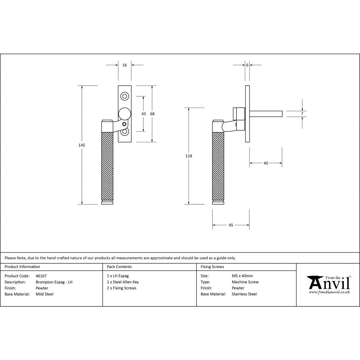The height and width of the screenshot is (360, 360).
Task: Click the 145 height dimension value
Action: pos(82,145)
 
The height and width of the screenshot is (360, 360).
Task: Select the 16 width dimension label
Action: pos(125,65)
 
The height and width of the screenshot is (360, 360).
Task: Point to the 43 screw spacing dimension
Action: pos(144,114)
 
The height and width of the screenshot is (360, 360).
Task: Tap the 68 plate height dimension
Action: pos(152,114)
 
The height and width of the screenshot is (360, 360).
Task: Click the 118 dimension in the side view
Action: pos(189,156)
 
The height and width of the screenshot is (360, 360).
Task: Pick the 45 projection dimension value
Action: pos(231,225)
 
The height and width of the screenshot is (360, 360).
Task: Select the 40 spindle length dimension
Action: pos(266,163)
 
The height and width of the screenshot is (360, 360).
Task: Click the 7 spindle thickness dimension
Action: pos(302,114)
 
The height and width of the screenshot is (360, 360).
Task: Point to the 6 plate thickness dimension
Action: pos(247,65)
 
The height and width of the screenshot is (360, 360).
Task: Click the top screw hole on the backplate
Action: pos(125,96)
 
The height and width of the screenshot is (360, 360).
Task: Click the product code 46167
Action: pos(41,276)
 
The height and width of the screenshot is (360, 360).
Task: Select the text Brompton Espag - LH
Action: pos(54,282)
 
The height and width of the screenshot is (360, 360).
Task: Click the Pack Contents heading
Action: pos(119,267)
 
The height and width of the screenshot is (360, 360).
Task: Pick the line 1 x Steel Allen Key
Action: pos(123,282)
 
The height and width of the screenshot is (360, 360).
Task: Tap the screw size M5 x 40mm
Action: pos(242,276)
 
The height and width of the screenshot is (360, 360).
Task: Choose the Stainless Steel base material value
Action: pos(244,294)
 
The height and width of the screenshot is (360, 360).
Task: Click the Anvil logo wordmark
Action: pos(329,283)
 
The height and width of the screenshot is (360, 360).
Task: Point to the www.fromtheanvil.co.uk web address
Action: pos(329,292)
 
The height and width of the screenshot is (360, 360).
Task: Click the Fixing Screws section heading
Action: pos(212,267)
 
